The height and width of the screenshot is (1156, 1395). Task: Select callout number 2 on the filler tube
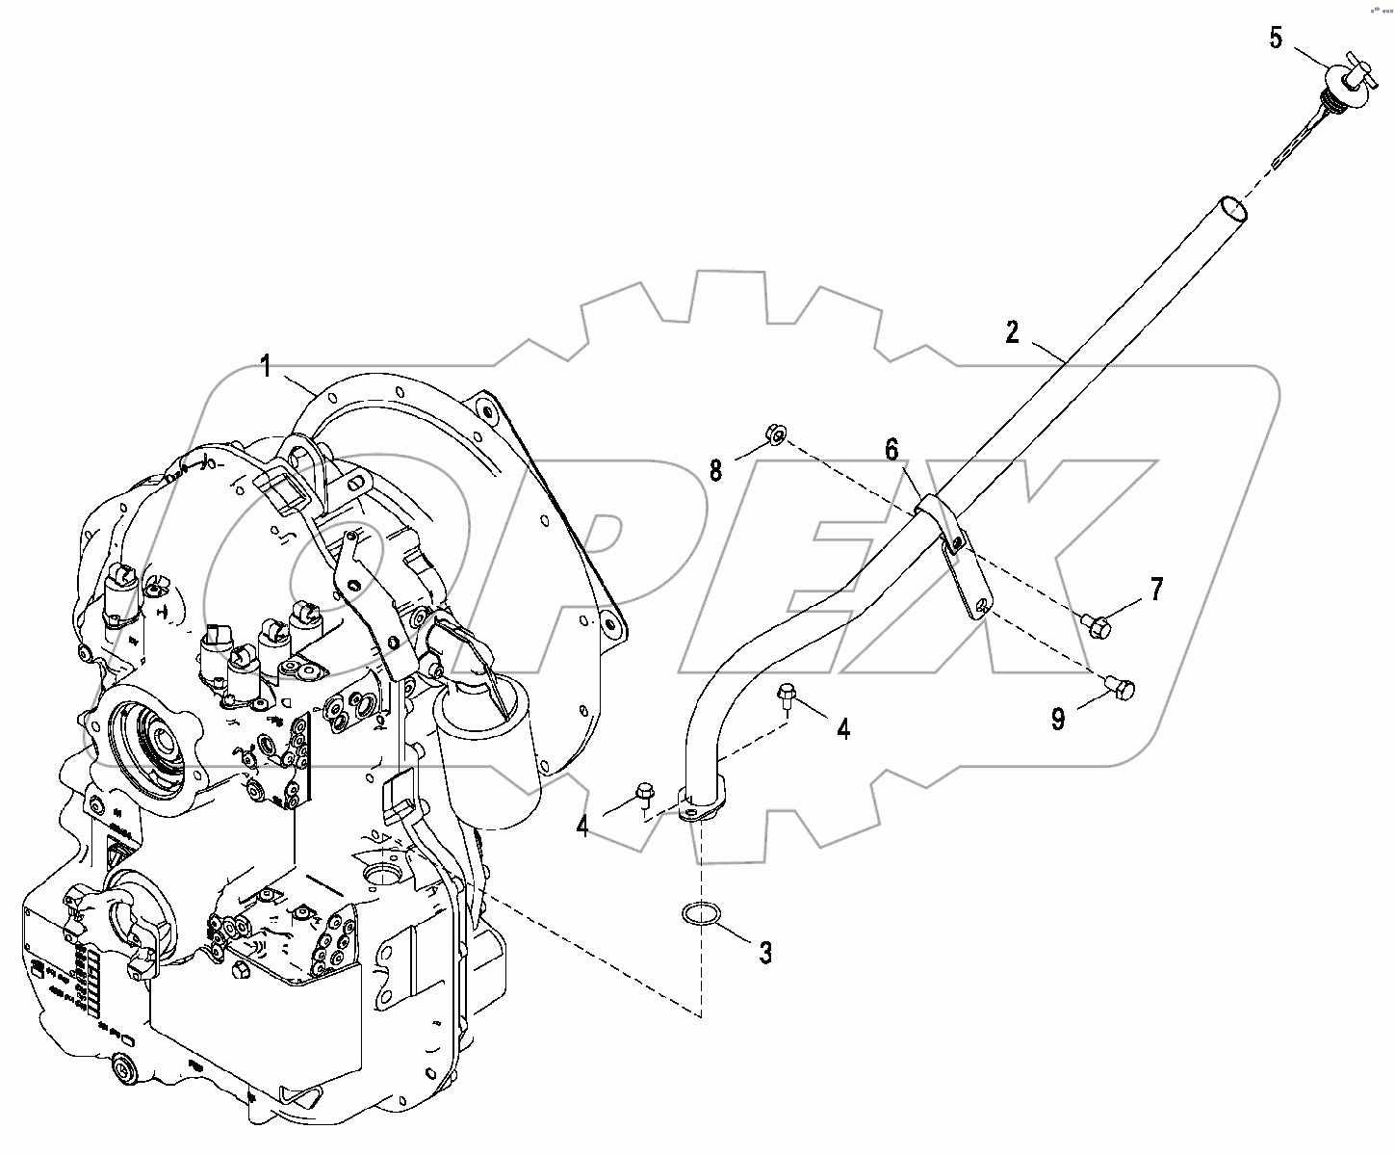point(1011,332)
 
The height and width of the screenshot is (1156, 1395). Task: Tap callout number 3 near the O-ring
point(765,953)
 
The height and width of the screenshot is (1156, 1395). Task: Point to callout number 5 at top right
point(1276,39)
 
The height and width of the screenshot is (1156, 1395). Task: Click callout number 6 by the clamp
point(891,449)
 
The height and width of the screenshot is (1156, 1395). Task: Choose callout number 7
point(1155,589)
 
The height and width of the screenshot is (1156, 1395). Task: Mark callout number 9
point(1058,718)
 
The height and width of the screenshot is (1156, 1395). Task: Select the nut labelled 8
point(776,435)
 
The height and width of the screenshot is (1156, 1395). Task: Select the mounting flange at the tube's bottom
point(702,805)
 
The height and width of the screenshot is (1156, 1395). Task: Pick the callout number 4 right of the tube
point(843,729)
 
